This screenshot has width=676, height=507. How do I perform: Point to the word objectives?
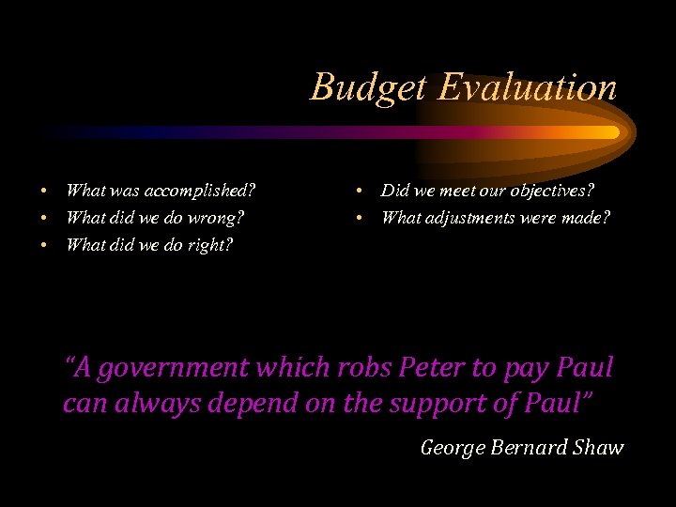[x=552, y=192]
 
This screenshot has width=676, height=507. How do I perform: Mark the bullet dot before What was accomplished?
[x=43, y=192]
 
